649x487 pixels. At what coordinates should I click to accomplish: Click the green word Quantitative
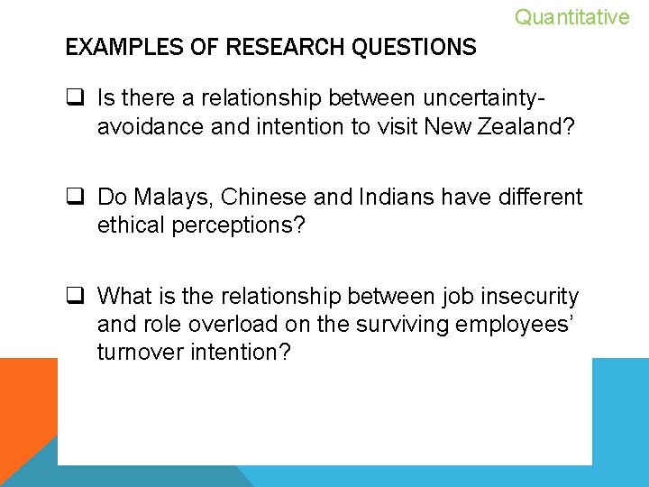pyautogui.click(x=571, y=17)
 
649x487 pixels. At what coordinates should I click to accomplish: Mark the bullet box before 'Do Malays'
pyautogui.click(x=76, y=198)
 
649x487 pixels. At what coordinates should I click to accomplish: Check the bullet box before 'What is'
pyautogui.click(x=76, y=297)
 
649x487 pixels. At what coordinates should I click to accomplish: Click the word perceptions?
pyautogui.click(x=243, y=225)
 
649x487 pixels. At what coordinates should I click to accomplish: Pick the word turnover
pyautogui.click(x=140, y=351)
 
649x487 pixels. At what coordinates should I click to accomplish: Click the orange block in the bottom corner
pyautogui.click(x=27, y=406)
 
